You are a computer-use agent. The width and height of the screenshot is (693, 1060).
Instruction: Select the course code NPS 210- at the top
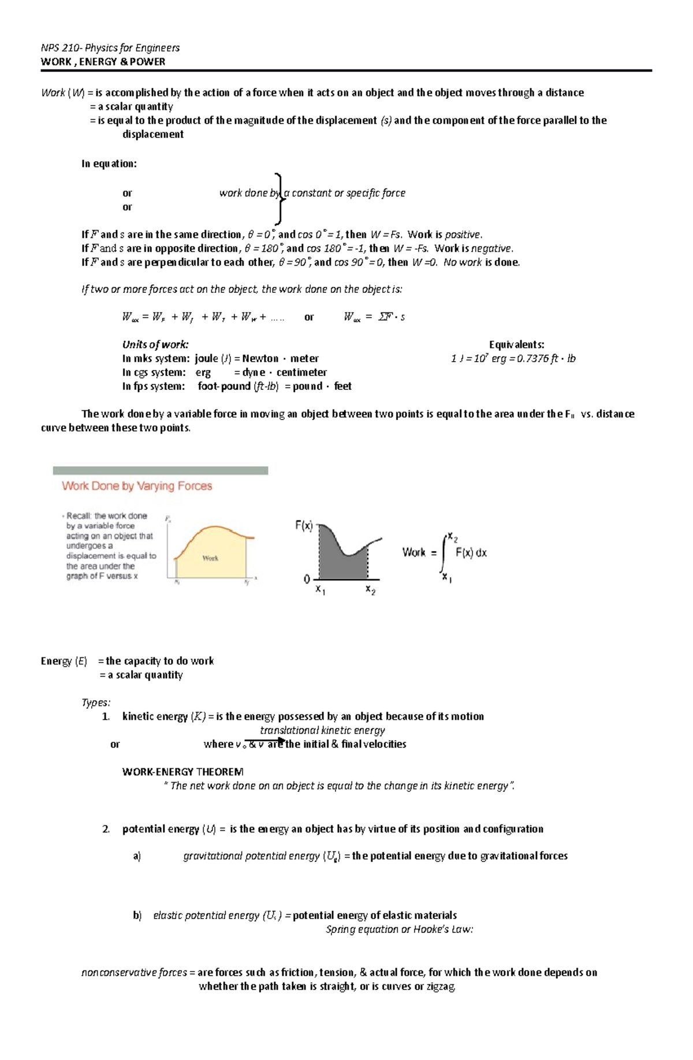click(x=59, y=48)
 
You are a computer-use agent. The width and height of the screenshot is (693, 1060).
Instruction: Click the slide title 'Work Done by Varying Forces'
click(x=137, y=486)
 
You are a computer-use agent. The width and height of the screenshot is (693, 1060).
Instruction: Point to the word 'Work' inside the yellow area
click(x=210, y=558)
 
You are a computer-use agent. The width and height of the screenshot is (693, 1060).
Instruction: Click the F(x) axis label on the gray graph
click(x=304, y=526)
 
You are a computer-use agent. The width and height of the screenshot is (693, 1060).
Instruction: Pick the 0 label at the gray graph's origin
click(x=307, y=579)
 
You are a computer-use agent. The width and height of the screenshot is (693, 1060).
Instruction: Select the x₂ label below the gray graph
click(x=370, y=590)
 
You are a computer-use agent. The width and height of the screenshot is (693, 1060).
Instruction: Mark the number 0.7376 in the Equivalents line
click(x=532, y=359)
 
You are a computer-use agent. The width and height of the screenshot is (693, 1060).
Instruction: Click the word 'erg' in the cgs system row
click(x=203, y=373)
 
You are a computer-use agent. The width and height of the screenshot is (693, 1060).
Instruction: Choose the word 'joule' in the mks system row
click(x=207, y=359)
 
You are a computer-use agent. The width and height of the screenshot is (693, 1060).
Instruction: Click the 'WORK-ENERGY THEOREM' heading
click(x=182, y=772)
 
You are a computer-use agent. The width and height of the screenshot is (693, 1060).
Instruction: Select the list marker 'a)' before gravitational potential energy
click(x=137, y=856)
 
